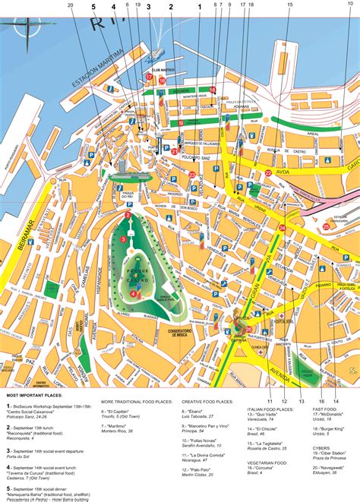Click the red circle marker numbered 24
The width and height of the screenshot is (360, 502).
[x=282, y=227]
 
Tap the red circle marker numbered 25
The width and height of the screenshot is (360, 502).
[x=326, y=226]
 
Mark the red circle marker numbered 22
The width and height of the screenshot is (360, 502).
[x=269, y=173]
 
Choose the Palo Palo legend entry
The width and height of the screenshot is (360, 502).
[x=200, y=481]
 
